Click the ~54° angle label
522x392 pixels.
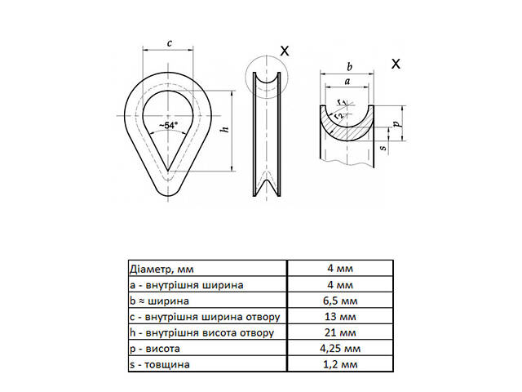[x=169, y=126]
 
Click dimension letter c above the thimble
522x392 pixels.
[x=168, y=43]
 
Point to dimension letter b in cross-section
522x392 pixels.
[x=349, y=65]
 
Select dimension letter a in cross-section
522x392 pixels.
[x=348, y=82]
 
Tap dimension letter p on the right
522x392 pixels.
[x=396, y=123]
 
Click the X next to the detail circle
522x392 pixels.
[x=284, y=51]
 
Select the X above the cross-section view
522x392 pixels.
[x=396, y=65]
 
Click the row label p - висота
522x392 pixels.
[x=155, y=349]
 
